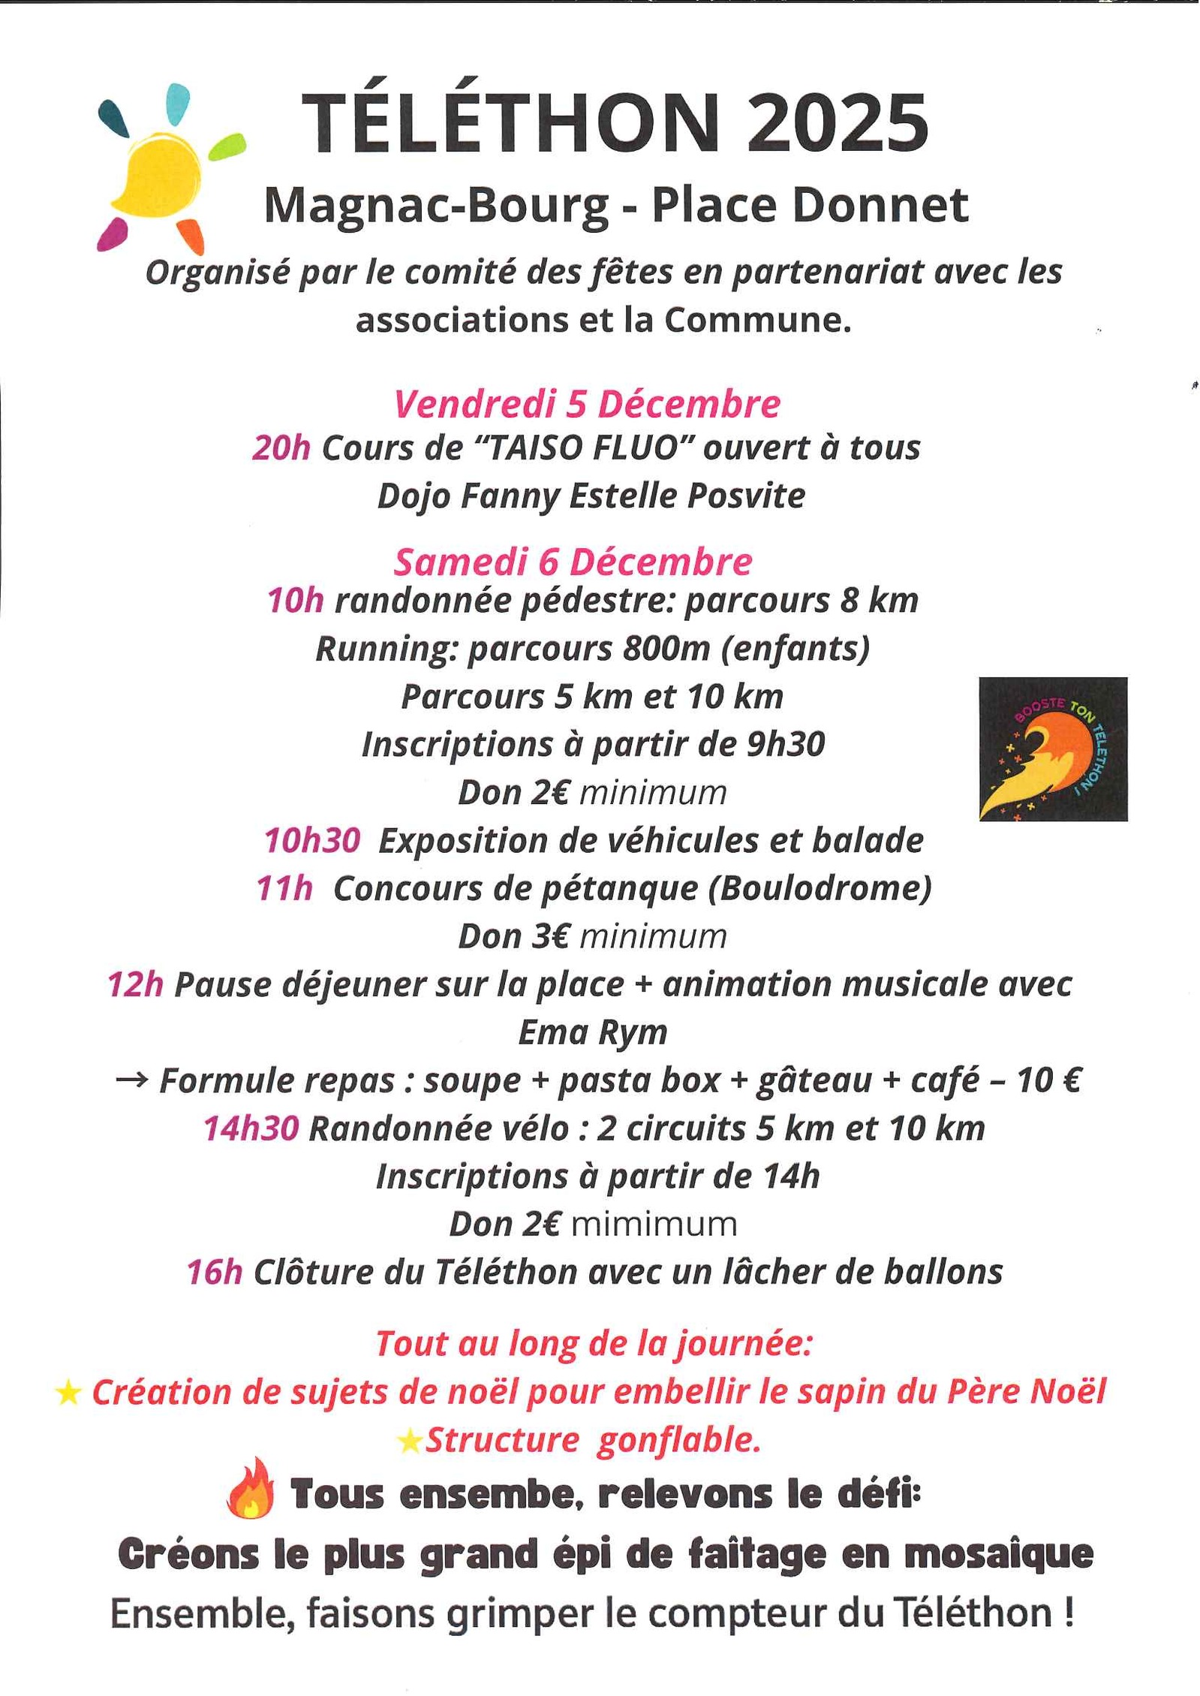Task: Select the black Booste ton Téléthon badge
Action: [x=1052, y=749]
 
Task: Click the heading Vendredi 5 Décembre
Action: [x=587, y=404]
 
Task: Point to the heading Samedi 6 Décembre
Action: [x=573, y=562]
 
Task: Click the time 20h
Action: [x=281, y=448]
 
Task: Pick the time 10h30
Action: [x=312, y=840]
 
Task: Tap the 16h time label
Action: [x=215, y=1272]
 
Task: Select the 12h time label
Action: [x=135, y=984]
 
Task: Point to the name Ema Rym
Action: [x=593, y=1032]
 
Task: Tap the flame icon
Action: [x=251, y=1489]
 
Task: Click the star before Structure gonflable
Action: [x=410, y=1441]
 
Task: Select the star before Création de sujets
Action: [x=68, y=1393]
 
